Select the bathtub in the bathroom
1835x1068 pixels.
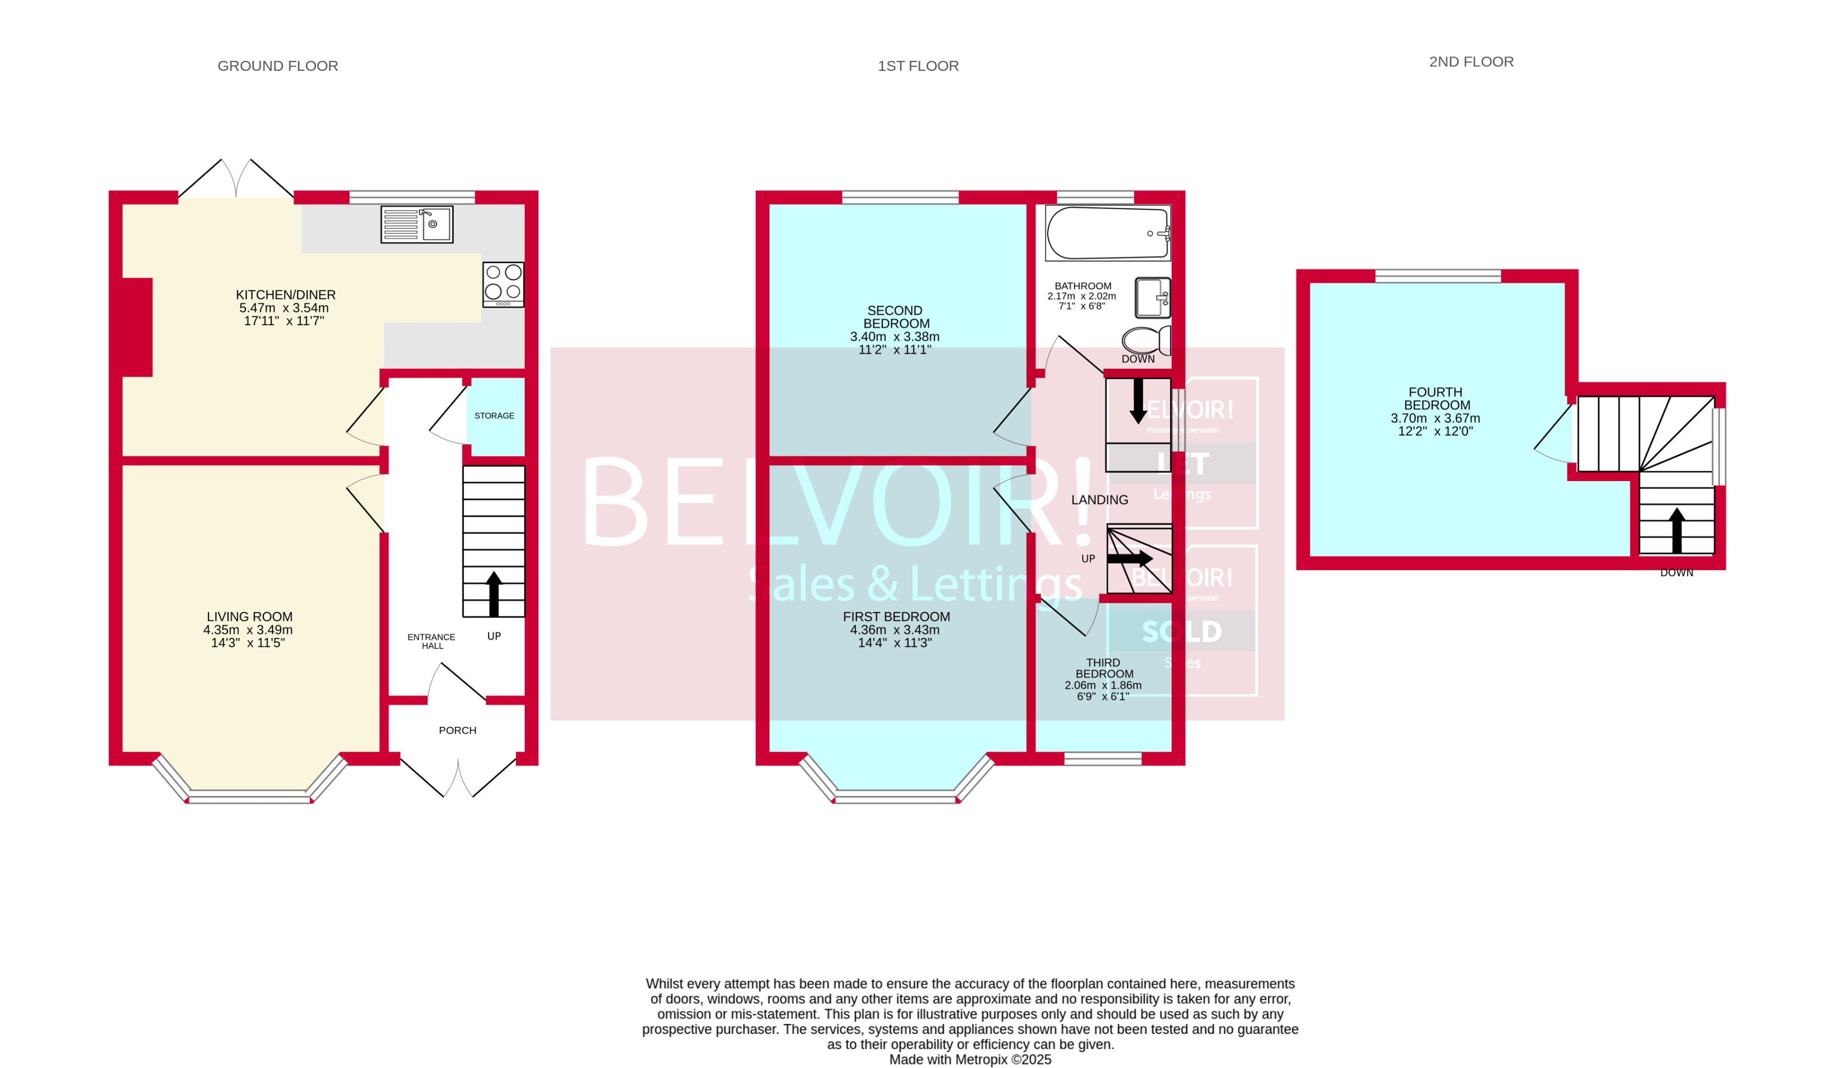pos(1107,233)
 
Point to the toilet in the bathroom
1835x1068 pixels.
pos(1146,340)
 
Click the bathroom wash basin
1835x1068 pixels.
pos(1153,297)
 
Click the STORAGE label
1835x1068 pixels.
pos(494,416)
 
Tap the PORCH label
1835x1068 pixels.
pos(457,730)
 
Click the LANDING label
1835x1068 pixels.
pos(1099,500)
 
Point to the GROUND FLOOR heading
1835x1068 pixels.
pos(277,66)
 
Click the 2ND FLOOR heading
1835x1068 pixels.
pos(1471,62)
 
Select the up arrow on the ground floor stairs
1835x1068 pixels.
pos(494,594)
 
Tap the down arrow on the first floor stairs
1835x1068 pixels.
pos(1137,401)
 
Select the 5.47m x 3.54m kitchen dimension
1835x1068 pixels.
pos(284,308)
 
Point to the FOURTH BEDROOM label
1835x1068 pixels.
pos(1435,399)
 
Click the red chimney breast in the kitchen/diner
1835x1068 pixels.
pos(137,327)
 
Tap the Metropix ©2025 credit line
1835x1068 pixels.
pos(970,1059)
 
